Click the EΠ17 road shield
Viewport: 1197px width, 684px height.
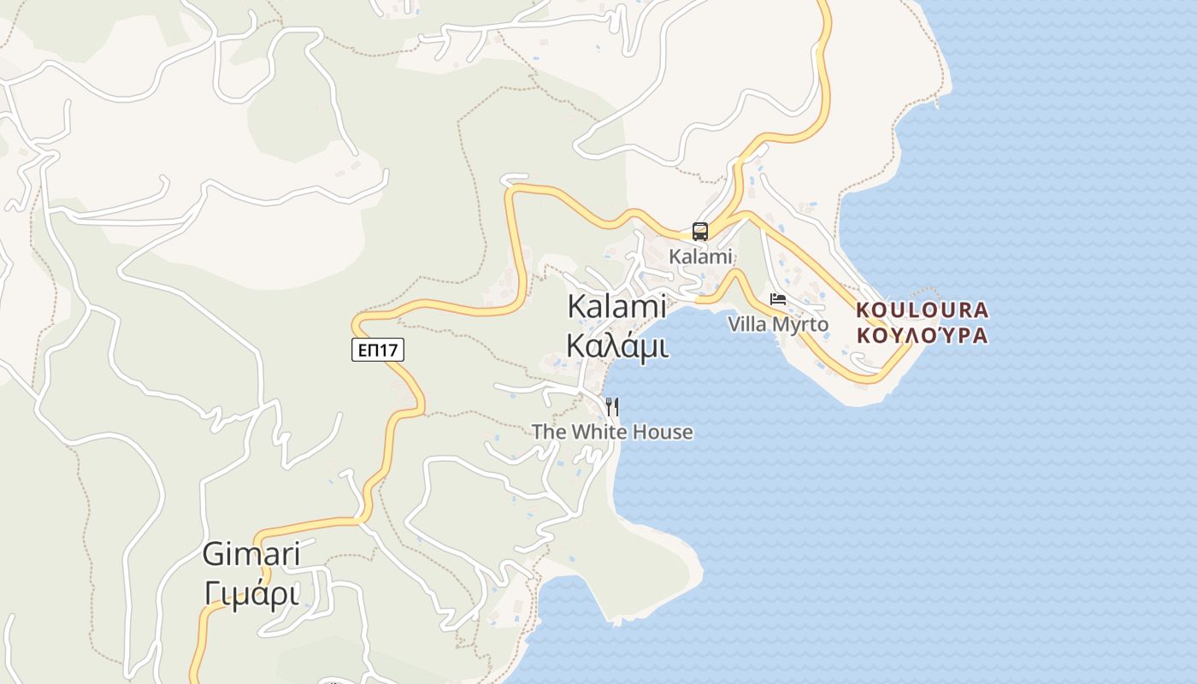[x=377, y=349]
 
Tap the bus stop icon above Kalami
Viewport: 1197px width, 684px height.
[x=699, y=231]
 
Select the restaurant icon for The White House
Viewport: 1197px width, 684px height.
[x=612, y=406]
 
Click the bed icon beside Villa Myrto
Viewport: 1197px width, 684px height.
[x=777, y=299]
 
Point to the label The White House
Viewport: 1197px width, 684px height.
[x=612, y=432]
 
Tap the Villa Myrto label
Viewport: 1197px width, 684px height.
[x=778, y=325]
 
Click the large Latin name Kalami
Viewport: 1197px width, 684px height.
[x=616, y=307]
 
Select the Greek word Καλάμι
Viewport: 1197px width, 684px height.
[x=617, y=346]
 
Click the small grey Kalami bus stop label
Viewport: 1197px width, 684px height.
[x=700, y=256]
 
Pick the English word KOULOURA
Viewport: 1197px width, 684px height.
[x=922, y=310]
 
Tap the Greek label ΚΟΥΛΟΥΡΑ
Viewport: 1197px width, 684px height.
[x=922, y=335]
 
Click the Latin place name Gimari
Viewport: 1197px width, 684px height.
[x=251, y=554]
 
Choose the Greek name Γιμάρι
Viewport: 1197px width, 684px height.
[x=251, y=593]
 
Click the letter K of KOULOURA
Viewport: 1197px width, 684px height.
[x=863, y=310]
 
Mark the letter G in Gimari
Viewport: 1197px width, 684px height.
[x=213, y=554]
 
